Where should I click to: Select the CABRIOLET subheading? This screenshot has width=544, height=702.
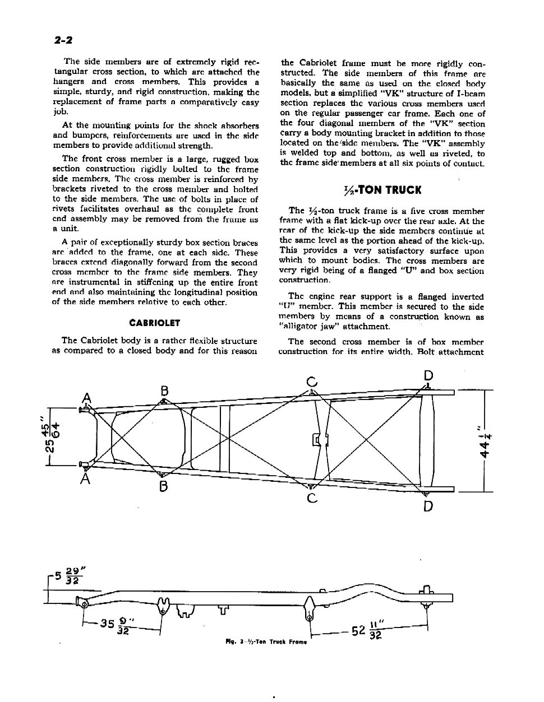pyautogui.click(x=154, y=323)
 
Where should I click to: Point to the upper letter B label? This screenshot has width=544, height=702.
pyautogui.click(x=164, y=390)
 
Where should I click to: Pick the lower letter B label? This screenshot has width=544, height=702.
pyautogui.click(x=163, y=486)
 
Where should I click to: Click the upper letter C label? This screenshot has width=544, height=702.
pyautogui.click(x=312, y=382)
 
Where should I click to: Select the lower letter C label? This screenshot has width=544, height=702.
pyautogui.click(x=312, y=498)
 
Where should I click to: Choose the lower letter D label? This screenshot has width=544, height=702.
pyautogui.click(x=428, y=506)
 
